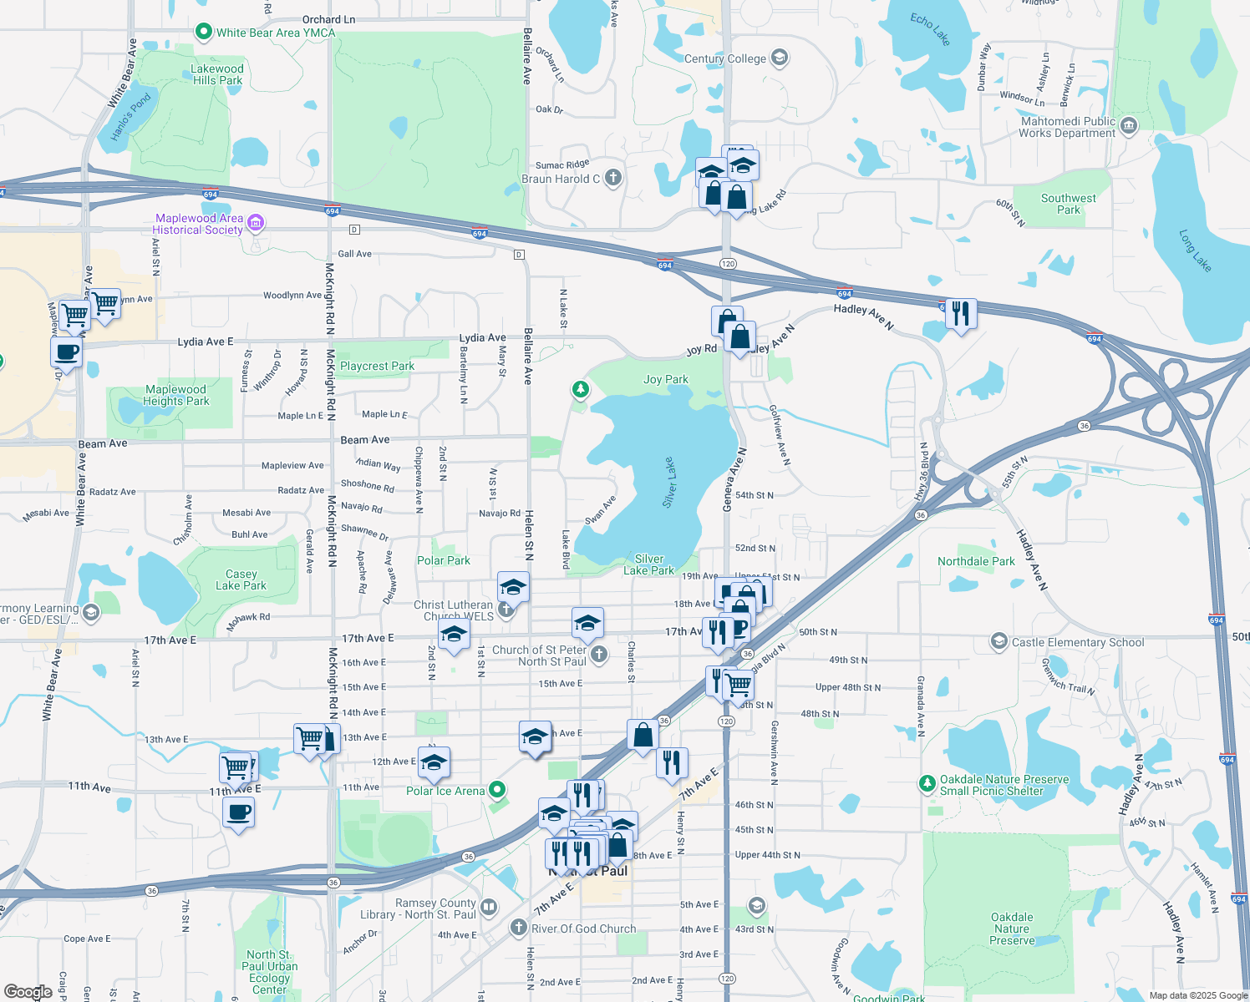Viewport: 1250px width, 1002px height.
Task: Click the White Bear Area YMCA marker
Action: [x=203, y=33]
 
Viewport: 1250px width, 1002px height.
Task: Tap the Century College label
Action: [x=724, y=58]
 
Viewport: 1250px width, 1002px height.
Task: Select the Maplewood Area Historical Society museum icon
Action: [x=257, y=223]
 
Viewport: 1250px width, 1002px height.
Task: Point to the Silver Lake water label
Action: [x=669, y=482]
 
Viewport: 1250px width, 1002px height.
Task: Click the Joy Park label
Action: [x=666, y=379]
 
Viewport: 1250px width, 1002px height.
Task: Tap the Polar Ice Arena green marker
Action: [x=497, y=789]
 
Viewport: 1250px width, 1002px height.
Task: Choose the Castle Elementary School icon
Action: [x=998, y=641]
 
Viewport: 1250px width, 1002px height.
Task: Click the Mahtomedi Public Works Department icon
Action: [x=1128, y=126]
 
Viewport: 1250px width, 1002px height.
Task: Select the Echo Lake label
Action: [x=930, y=28]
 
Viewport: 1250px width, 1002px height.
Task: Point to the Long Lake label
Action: [x=1195, y=250]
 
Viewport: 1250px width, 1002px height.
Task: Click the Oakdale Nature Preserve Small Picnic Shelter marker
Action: [x=927, y=783]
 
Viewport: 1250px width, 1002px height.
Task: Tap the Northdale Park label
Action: [x=976, y=561]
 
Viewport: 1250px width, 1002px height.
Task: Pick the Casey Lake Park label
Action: [x=241, y=579]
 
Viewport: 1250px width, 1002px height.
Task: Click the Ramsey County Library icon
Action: [x=489, y=907]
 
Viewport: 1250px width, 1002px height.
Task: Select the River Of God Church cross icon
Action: [x=519, y=928]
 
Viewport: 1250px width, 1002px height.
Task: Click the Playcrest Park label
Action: [x=377, y=366]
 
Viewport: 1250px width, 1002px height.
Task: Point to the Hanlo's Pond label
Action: [x=131, y=117]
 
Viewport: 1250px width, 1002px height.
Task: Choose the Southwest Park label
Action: [x=1068, y=204]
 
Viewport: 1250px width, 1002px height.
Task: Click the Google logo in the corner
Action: [x=28, y=992]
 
